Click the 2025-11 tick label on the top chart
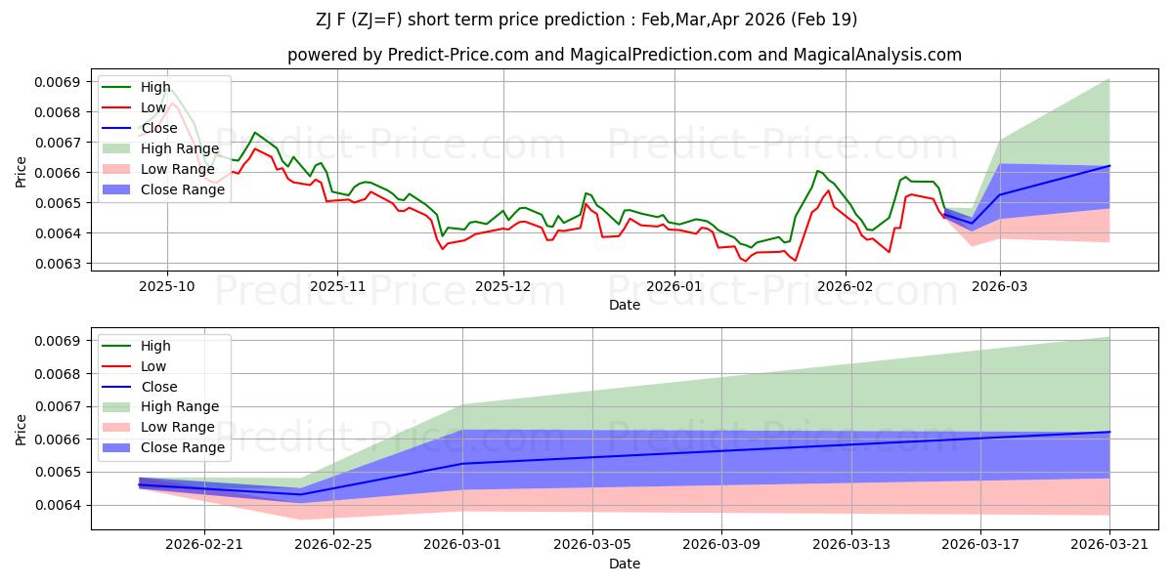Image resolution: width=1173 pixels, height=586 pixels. click(338, 287)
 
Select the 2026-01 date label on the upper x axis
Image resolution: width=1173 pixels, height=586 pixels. click(674, 287)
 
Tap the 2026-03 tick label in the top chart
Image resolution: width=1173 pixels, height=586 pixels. click(1000, 287)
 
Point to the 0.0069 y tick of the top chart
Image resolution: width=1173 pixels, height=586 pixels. click(57, 82)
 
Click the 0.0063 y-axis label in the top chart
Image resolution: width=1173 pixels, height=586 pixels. click(57, 264)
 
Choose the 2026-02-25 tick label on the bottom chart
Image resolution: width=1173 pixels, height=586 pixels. click(333, 545)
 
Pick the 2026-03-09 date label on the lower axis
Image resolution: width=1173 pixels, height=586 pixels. click(721, 545)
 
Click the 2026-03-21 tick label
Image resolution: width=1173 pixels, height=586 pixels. click(1109, 545)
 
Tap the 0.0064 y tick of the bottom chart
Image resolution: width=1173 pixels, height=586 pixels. click(57, 506)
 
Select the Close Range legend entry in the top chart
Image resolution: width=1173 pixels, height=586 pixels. click(163, 189)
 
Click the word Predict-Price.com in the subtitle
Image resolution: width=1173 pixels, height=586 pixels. click(458, 55)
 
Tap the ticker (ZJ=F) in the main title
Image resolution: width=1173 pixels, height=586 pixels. click(376, 20)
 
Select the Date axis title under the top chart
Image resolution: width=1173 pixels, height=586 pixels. click(625, 305)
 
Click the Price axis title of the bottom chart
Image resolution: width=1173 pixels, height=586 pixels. click(21, 430)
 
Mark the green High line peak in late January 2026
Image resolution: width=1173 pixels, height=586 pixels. click(817, 171)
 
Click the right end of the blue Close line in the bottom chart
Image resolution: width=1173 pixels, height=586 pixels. click(1109, 432)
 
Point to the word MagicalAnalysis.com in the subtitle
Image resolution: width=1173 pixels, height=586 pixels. click(878, 55)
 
